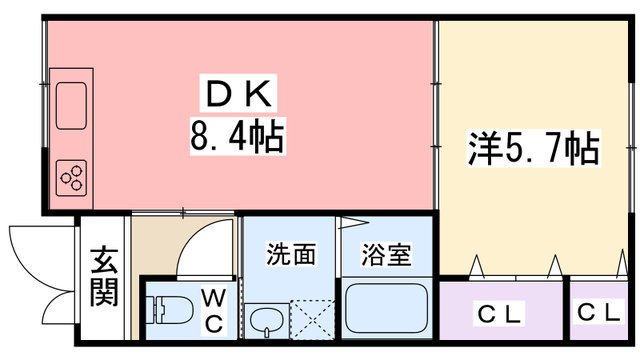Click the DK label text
point(239,93)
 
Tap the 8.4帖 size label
point(238,136)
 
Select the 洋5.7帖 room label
point(534,148)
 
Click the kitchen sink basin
point(71,106)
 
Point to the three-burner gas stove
point(71,178)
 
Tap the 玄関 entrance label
point(104,276)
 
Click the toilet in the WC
point(170,309)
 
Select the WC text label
point(213,311)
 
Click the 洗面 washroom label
point(291,254)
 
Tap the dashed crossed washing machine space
point(312,320)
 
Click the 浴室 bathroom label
point(386,255)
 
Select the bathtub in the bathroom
point(386,308)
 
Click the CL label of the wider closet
point(500,314)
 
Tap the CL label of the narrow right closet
point(599,312)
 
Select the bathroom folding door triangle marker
point(352,223)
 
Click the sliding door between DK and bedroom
point(436,115)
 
